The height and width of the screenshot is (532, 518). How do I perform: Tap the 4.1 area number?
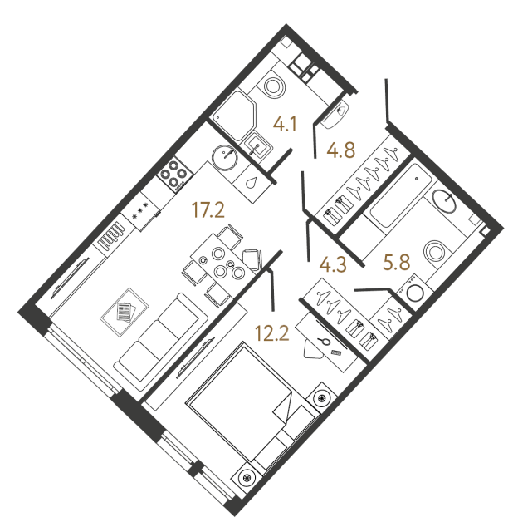coord(286,126)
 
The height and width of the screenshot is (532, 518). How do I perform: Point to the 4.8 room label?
coord(341,151)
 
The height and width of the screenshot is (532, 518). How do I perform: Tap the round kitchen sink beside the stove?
coord(225,155)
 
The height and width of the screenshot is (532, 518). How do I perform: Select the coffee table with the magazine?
coord(124,310)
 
